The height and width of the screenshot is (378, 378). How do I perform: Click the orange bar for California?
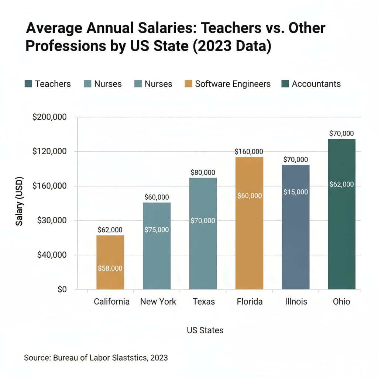click(110, 262)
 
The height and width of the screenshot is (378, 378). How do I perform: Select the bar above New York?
click(157, 246)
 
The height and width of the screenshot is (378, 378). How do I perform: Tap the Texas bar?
click(203, 233)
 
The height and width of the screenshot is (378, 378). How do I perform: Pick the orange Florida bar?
click(249, 223)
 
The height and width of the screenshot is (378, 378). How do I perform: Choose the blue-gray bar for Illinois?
click(295, 227)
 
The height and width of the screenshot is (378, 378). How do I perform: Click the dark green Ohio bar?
click(341, 214)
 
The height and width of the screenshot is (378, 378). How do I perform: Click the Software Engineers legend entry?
click(227, 84)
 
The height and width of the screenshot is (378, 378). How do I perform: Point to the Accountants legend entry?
click(311, 84)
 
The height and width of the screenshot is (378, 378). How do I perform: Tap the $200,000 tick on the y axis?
click(49, 117)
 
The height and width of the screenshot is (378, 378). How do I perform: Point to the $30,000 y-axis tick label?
click(52, 220)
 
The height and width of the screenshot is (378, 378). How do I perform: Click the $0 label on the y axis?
click(62, 289)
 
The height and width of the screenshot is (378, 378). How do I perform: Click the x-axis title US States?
click(205, 330)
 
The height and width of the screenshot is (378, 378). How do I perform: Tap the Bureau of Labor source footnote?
click(96, 357)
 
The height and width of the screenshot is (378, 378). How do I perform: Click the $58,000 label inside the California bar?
click(110, 268)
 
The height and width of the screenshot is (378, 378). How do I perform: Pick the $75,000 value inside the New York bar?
click(157, 230)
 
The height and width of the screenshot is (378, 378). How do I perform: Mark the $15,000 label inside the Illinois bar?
click(295, 192)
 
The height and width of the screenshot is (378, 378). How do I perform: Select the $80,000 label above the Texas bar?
click(203, 172)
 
